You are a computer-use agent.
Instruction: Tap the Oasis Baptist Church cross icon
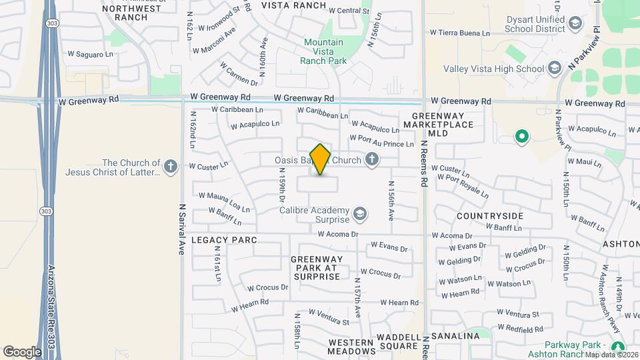coord(372,159)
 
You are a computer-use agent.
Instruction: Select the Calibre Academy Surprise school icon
coord(360,213)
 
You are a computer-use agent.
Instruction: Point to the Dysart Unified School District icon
coord(573,25)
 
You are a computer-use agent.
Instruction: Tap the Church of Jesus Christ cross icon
coord(171,166)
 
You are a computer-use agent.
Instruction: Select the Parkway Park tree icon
coord(618,347)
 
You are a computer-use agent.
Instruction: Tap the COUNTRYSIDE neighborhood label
coord(490,217)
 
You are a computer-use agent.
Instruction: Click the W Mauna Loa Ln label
coord(224,198)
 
